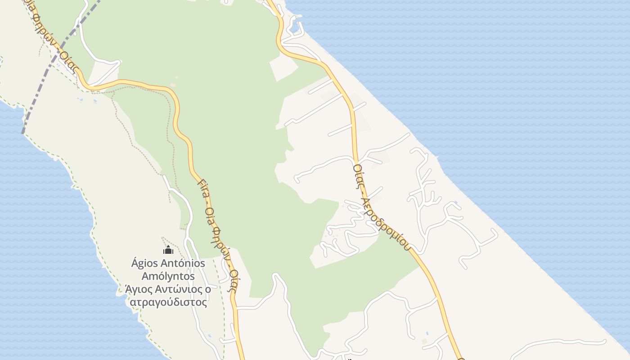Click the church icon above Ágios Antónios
(168, 250)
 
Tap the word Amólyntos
(168, 276)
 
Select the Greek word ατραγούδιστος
(168, 302)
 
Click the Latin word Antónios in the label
(184, 263)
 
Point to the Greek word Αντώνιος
(176, 289)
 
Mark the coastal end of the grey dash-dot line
(23, 133)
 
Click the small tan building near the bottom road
(424, 342)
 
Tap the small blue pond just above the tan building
(427, 334)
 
